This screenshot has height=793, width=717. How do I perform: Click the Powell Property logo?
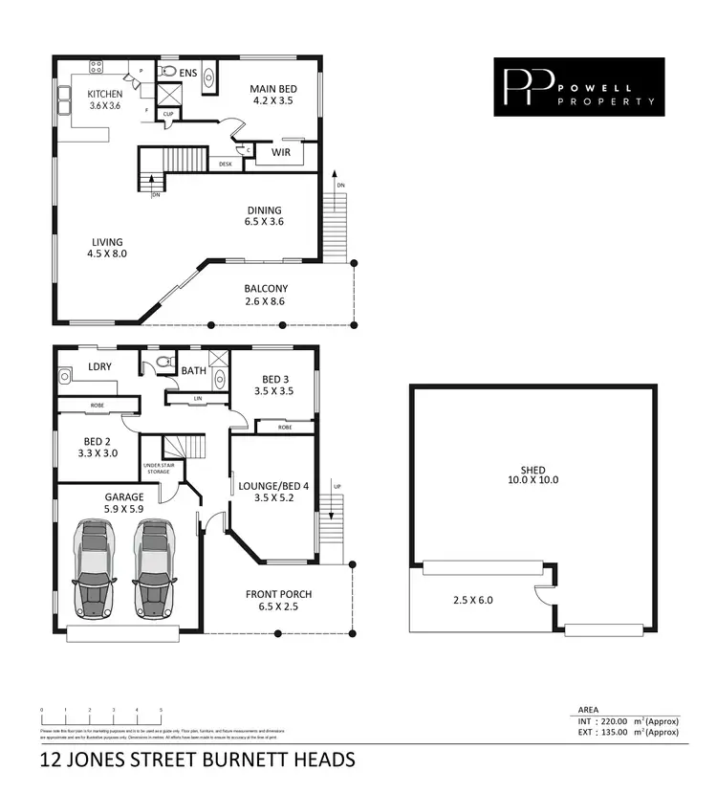point(578,87)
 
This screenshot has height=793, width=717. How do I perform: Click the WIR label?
point(281,152)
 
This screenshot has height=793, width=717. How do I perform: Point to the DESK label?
point(226,164)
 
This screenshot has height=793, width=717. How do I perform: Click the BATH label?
point(194,370)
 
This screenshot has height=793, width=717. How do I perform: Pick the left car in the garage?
point(95,569)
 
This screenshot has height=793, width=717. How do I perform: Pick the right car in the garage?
point(154,569)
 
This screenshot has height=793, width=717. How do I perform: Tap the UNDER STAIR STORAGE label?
point(158,469)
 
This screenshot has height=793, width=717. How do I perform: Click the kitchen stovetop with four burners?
point(97,66)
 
